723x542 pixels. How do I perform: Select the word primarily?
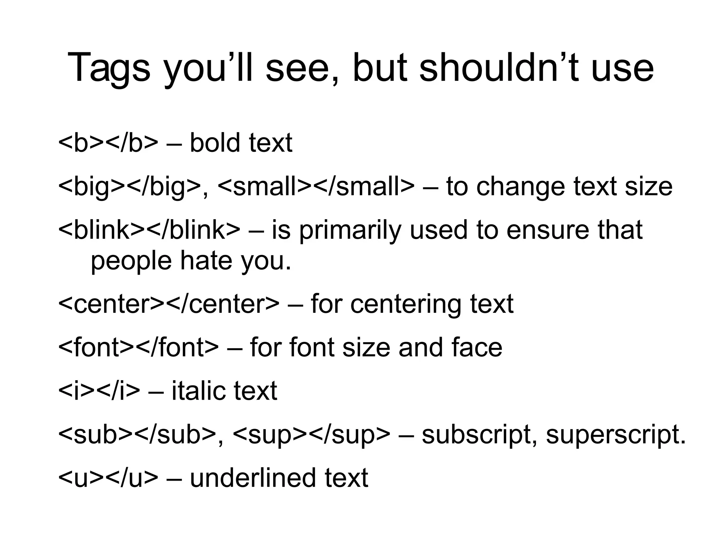[350, 231]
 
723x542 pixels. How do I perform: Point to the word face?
[476, 347]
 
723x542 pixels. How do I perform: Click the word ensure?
[548, 231]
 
